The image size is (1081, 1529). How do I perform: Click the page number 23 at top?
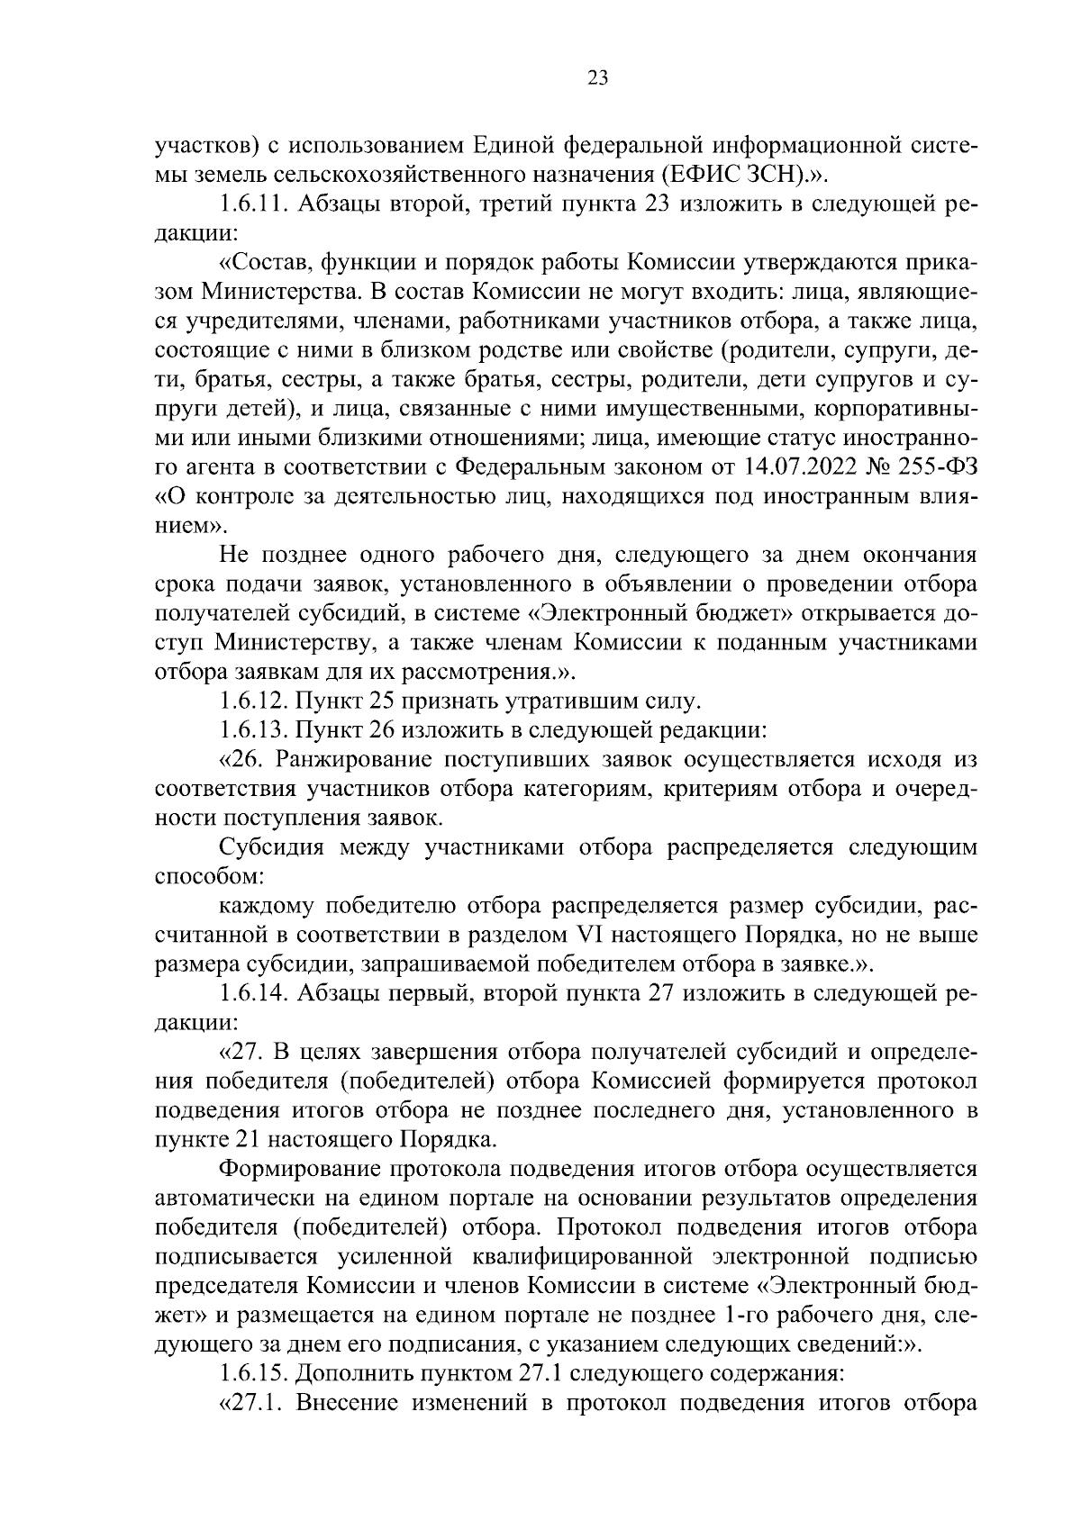pos(597,78)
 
